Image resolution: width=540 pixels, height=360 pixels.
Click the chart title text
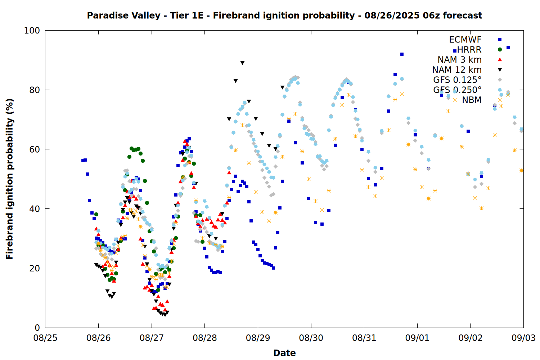coord(284,15)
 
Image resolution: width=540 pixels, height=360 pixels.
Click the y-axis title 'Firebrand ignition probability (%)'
coord(10,179)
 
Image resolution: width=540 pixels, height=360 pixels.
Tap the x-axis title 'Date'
coord(284,353)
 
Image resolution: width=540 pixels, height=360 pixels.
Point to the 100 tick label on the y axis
coord(32,31)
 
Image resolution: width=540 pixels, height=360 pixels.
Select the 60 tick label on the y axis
coord(35,149)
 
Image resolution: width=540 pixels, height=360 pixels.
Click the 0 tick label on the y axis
coord(37,328)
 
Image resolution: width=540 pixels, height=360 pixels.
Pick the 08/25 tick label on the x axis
coord(45,338)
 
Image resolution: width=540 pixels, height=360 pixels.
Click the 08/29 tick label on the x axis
coord(258,338)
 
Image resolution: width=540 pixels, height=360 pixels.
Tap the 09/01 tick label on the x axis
coord(417,338)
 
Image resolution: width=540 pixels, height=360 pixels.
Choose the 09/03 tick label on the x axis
coord(523,338)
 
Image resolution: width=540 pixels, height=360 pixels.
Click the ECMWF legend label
coord(465,40)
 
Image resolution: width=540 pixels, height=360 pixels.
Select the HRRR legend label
coord(469,50)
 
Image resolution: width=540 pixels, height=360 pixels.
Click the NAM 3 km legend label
coord(459,59)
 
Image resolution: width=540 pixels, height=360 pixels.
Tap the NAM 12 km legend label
coord(457,70)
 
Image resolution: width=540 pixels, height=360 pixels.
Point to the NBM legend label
coord(472,100)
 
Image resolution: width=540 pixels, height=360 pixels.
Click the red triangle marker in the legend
coord(500,59)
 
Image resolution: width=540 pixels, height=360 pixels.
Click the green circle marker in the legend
coord(500,49)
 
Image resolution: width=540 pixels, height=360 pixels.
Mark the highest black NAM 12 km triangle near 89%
coord(242,63)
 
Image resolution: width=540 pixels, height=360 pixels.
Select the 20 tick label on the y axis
coord(35,268)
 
